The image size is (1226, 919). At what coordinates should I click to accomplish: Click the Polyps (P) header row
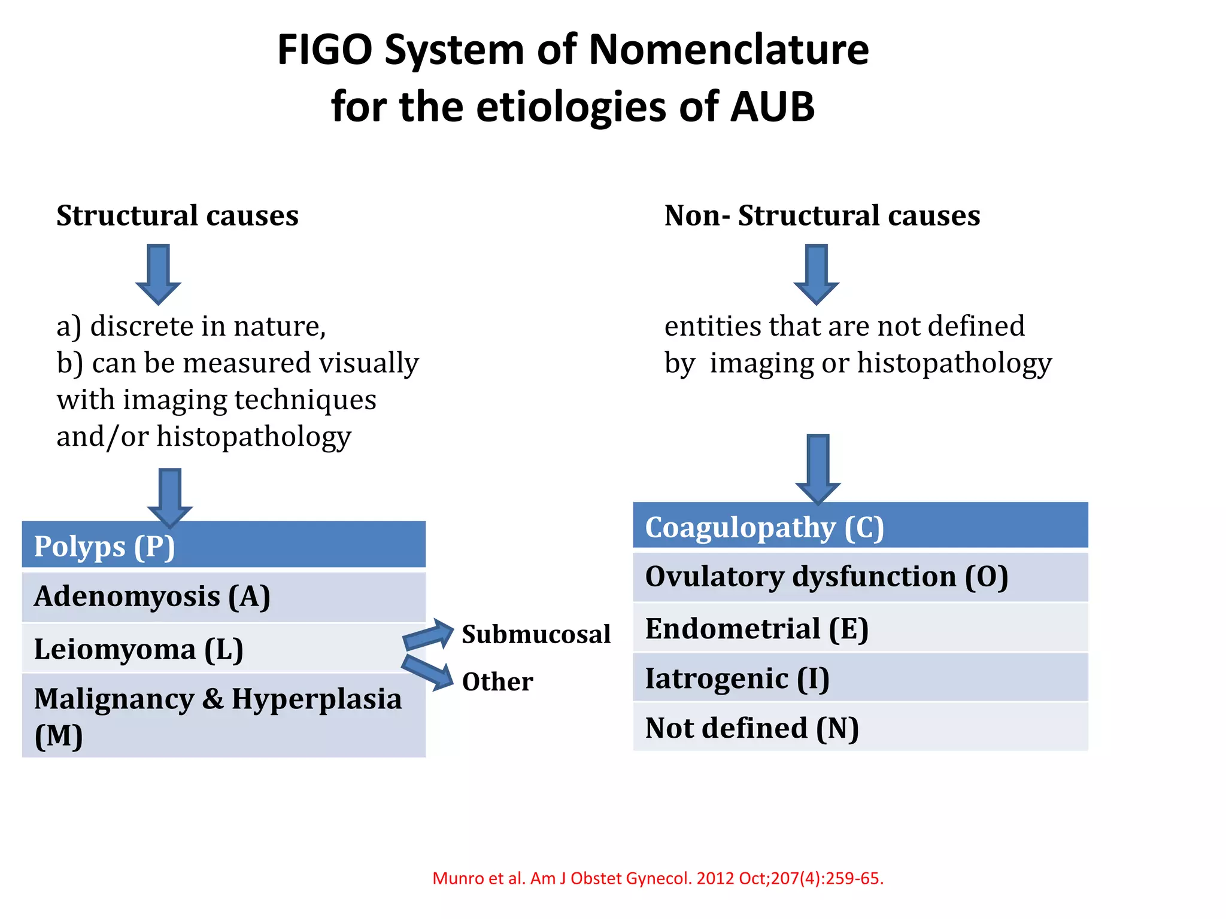[x=223, y=545]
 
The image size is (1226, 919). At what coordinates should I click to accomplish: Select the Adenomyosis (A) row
[x=223, y=597]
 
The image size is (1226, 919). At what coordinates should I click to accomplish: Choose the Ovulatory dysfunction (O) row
[x=860, y=577]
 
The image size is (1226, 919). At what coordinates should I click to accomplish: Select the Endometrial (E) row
[x=860, y=628]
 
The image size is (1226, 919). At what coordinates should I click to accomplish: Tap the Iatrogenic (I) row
[x=860, y=678]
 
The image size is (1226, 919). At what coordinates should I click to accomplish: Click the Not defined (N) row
[x=860, y=728]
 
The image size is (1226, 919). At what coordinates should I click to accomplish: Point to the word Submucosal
[x=536, y=634]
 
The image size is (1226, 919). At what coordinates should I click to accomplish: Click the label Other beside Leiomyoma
[x=497, y=682]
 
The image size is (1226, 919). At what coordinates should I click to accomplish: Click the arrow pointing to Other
[x=427, y=672]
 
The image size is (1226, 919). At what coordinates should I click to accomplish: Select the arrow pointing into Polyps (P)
[x=170, y=497]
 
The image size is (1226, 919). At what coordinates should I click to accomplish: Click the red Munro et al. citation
[x=657, y=878]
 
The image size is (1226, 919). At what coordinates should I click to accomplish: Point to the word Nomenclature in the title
[x=729, y=50]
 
